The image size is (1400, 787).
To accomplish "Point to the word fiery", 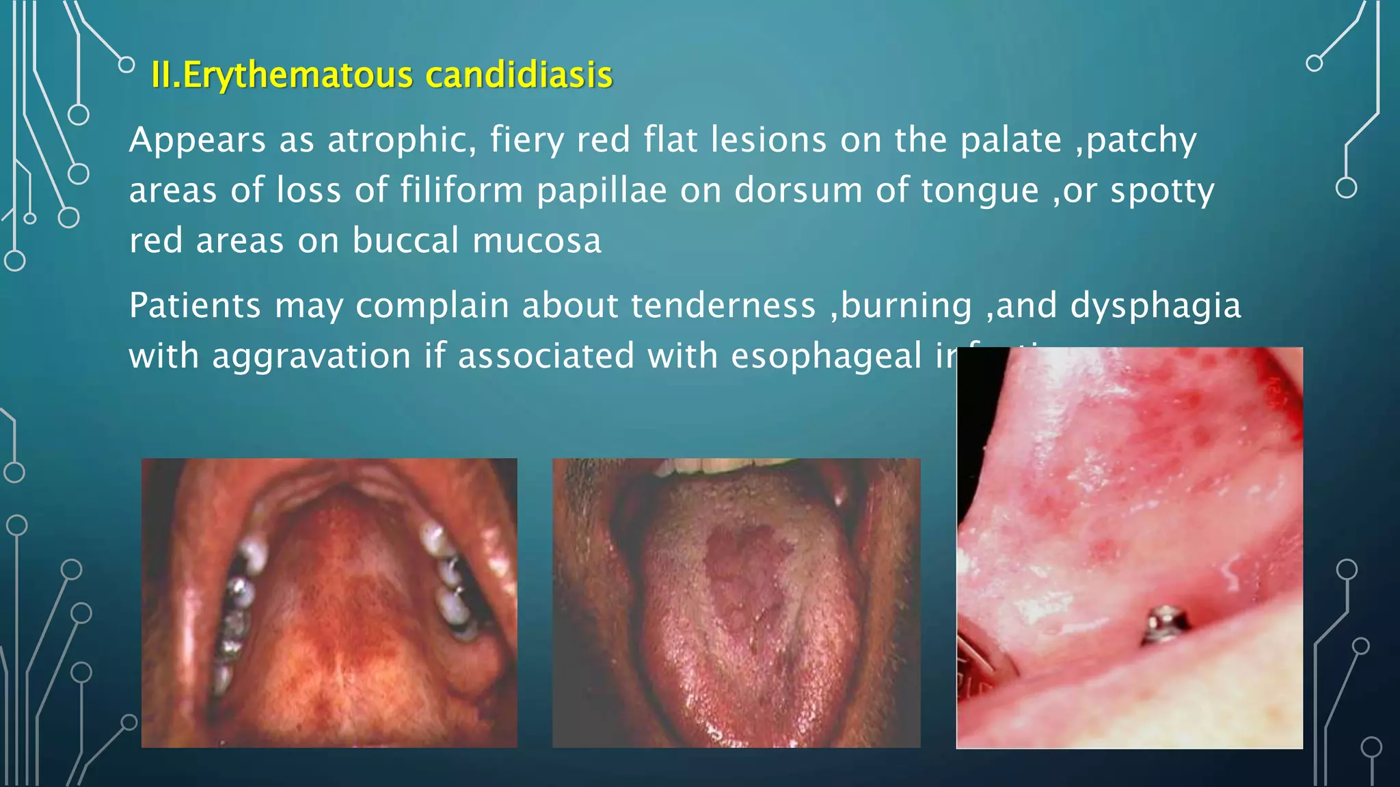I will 526,140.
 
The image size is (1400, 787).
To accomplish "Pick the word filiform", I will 461,191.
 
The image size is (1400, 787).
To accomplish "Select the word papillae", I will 601,191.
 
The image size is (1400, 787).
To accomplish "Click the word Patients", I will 195,305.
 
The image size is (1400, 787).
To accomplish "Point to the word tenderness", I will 723,305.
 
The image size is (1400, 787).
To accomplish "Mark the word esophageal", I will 826,357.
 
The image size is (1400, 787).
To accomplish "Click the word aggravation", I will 311,357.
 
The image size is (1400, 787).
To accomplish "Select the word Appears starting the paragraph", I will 197,141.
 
